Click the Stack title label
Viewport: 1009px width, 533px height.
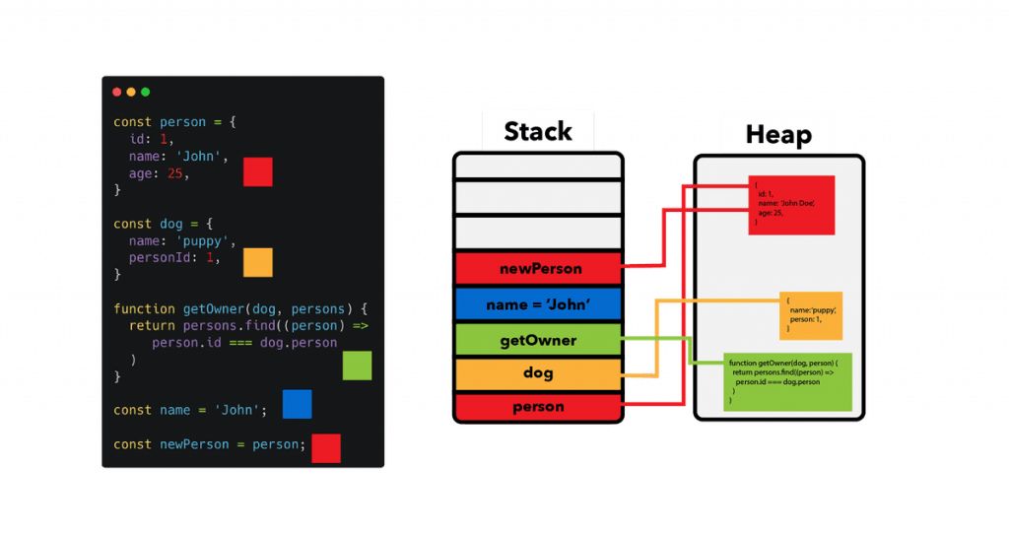point(538,131)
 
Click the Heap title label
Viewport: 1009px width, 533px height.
point(778,135)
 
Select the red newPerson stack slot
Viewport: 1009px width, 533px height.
point(538,268)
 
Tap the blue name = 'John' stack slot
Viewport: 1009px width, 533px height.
point(538,304)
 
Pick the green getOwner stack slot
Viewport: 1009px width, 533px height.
point(538,341)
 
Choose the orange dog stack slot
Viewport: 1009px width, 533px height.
point(538,373)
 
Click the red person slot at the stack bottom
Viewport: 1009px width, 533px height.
point(538,406)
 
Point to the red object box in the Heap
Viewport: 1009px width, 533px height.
point(791,205)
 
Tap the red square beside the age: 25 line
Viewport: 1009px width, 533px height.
point(258,171)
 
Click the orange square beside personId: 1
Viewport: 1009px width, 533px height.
point(258,262)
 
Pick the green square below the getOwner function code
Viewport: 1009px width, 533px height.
point(357,366)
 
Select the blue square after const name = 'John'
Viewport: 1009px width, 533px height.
point(298,404)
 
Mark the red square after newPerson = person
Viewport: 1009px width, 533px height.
point(326,448)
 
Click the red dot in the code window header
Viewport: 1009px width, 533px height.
point(117,92)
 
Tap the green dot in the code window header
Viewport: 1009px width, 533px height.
point(146,92)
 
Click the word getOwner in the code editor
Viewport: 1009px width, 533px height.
point(207,308)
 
